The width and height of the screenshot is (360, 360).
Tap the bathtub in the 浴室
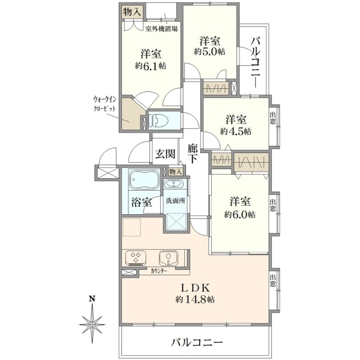(x=145, y=180)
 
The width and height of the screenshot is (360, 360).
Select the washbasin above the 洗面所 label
(x=174, y=184)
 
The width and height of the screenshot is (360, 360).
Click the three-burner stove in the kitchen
(x=136, y=258)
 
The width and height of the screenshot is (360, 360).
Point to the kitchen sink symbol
(x=169, y=257)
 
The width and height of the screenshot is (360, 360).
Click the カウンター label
(x=159, y=271)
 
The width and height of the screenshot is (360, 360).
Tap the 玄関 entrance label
(x=166, y=154)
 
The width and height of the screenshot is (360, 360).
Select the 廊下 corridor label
(x=193, y=153)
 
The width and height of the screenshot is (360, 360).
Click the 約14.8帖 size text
(x=195, y=299)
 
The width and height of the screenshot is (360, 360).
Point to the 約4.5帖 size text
(x=236, y=131)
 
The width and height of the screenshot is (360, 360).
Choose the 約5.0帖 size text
(x=209, y=52)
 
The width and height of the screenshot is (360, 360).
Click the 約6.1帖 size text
(x=151, y=66)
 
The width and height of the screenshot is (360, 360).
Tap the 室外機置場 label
(x=161, y=29)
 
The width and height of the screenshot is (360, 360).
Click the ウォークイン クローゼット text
(x=104, y=104)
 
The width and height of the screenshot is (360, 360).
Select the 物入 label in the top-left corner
(x=132, y=12)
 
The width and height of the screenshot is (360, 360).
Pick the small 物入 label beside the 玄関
(x=176, y=172)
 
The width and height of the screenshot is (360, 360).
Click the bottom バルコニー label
(x=197, y=343)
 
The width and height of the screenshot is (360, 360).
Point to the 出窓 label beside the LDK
(x=273, y=281)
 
